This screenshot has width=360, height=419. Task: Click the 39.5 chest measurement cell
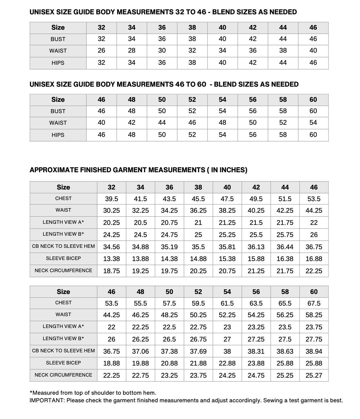[111, 199]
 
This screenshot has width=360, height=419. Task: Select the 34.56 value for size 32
[111, 247]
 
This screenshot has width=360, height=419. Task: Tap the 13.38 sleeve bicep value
[111, 259]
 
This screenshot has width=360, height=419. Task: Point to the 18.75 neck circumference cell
[111, 271]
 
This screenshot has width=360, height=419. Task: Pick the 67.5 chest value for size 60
[314, 303]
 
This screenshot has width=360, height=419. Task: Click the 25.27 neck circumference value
[314, 376]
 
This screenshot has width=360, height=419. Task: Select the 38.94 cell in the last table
[314, 352]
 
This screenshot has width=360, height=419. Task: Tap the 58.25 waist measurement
[314, 315]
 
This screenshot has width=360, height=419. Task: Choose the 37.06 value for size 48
[140, 352]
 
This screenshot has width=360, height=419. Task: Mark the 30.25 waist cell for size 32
[111, 211]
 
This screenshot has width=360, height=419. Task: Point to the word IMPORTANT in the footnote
[47, 400]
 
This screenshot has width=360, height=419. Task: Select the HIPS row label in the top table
[58, 63]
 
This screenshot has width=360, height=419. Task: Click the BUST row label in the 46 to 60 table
[58, 111]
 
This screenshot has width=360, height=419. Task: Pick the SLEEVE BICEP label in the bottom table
[63, 363]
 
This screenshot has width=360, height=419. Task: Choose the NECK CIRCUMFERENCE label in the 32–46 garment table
[63, 271]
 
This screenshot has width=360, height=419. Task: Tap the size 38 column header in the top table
[192, 28]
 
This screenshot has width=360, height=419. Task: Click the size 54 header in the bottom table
[227, 292]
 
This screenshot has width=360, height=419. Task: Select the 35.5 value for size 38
[198, 247]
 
